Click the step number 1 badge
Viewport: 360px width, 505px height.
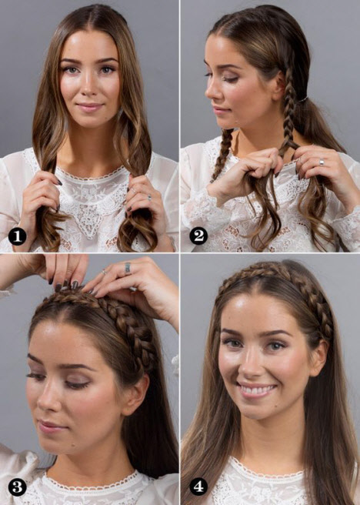(17, 236)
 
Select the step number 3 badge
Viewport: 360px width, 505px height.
(17, 487)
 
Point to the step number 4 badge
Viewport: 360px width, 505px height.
(198, 487)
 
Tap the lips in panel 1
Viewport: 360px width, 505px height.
(90, 107)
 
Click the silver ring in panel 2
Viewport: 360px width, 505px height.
(322, 162)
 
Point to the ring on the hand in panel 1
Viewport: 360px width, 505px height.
(149, 197)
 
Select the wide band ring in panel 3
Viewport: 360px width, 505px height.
(128, 268)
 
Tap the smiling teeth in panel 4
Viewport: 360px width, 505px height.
(258, 390)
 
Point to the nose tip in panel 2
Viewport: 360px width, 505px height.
(207, 94)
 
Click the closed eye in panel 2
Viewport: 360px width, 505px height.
(230, 79)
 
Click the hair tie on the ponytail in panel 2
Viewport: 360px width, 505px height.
(302, 99)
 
